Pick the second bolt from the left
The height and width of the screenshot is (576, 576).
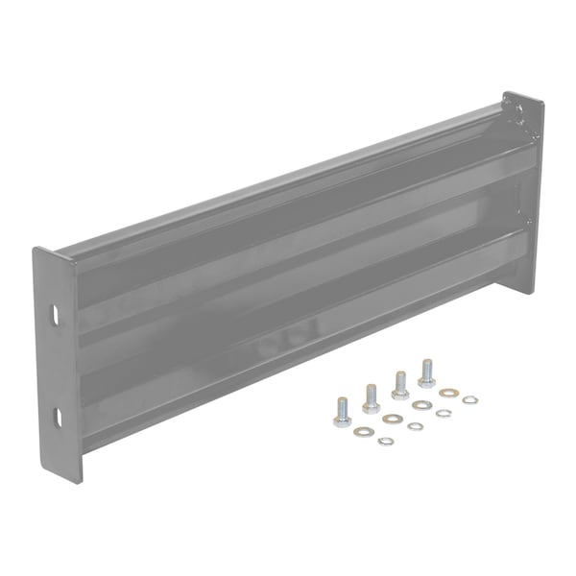coord(371,397)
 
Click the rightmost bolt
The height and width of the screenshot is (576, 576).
coord(426,370)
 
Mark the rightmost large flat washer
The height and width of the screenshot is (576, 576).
coord(447,392)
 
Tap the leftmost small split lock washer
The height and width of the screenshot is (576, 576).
coord(385,441)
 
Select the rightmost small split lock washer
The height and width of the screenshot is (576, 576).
coord(469,398)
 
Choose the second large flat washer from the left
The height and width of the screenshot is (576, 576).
coord(391,419)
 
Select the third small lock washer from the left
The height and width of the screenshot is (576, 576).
coord(443,413)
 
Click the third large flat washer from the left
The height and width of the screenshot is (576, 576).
coord(420,405)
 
